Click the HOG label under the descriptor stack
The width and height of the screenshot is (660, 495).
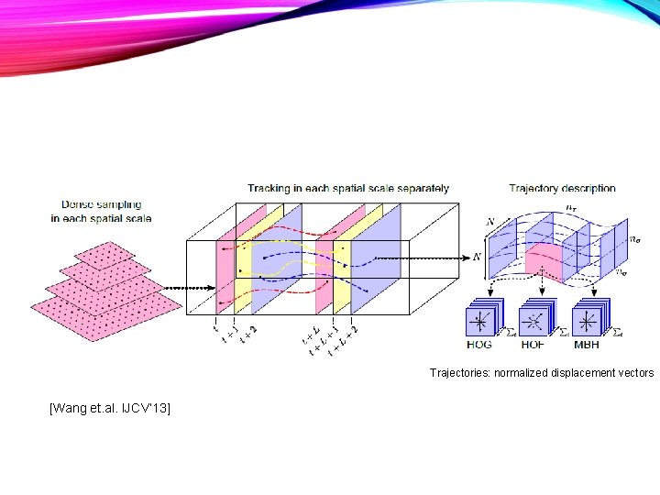[479, 346]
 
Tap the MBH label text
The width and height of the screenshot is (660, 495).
[588, 346]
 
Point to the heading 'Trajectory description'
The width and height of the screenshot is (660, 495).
[562, 189]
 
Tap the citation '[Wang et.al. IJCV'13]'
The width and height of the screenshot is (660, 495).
[110, 406]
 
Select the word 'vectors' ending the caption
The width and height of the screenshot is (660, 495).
[635, 373]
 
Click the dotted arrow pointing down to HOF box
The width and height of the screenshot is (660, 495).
[533, 290]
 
